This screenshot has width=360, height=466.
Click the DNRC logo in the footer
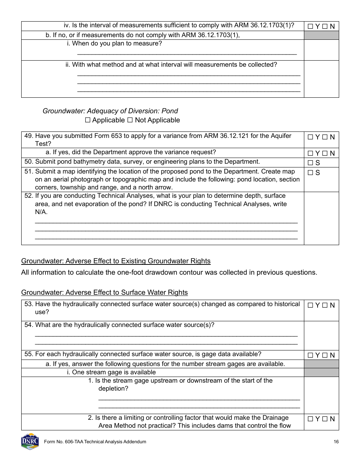coord(30,441)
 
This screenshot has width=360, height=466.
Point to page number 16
coord(336,442)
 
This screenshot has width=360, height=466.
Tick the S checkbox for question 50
coord(310,163)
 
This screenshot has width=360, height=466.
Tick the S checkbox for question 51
coord(310,173)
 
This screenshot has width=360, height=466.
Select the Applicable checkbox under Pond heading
coord(88,120)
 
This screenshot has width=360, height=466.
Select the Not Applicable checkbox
coord(130,120)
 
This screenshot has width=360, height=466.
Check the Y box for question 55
coord(310,355)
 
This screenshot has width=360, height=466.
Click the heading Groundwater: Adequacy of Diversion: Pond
coord(110,111)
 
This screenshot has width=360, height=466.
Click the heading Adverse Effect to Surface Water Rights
coord(104,292)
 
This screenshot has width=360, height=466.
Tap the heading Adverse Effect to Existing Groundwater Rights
coord(116,261)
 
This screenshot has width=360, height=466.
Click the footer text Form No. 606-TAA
coord(95,442)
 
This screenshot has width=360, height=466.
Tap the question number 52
coord(28,196)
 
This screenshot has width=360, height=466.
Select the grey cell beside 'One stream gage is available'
coord(321,372)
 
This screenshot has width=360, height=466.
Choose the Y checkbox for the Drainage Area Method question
coord(310,419)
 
